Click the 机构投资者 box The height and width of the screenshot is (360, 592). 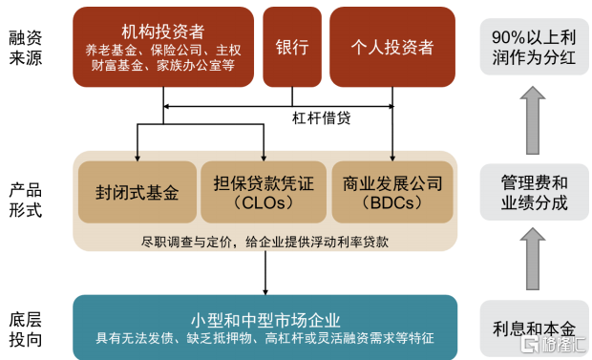163,47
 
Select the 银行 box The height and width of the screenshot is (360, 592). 292,47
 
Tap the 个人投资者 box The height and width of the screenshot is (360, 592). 392,47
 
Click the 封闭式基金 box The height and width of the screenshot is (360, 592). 137,192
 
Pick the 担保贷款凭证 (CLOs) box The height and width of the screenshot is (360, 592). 264,192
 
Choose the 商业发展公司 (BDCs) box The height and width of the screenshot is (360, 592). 392,192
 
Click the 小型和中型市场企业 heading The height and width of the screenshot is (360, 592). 265,320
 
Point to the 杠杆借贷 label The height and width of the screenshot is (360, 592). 321,118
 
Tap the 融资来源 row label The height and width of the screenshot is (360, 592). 25,48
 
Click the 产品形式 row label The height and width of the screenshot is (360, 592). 25,201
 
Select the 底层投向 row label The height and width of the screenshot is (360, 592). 25,329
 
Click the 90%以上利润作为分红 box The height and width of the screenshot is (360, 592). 535,47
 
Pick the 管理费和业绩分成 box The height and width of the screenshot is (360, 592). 535,192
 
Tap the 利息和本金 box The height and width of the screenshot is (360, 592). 535,328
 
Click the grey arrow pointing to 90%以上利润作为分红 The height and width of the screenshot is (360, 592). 533,120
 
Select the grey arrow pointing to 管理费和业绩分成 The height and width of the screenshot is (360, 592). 533,259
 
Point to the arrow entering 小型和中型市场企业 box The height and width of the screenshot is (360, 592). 265,273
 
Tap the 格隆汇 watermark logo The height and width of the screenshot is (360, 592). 554,344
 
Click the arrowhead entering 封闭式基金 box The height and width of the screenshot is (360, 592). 137,158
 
